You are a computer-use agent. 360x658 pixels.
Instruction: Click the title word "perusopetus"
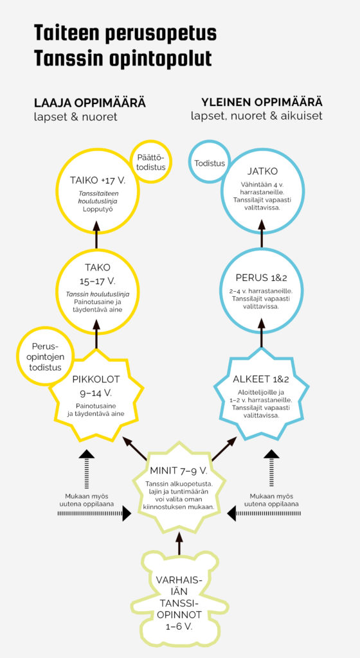161,34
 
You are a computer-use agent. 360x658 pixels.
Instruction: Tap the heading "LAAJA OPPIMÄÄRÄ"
90,103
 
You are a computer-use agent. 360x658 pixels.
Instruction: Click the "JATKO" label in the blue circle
262,172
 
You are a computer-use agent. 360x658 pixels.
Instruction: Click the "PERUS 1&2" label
262,278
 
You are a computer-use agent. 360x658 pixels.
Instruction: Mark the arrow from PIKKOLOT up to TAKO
96,333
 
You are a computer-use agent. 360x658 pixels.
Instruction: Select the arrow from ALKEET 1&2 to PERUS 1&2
262,333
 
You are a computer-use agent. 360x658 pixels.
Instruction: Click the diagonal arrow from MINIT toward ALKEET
225,448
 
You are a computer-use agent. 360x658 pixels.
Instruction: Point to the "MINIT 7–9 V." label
179,470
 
